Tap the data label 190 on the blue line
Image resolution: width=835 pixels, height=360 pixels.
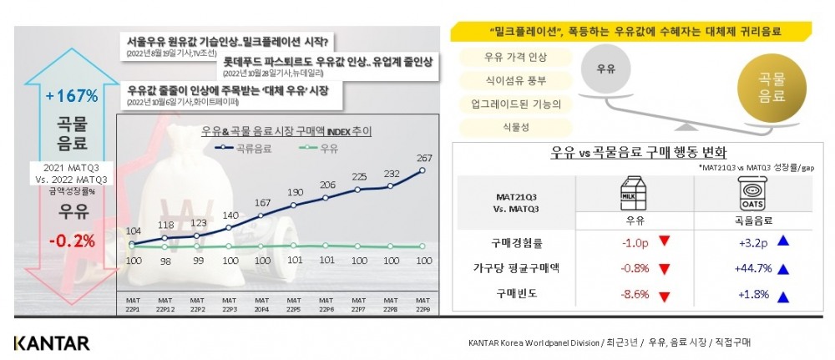click(296, 192)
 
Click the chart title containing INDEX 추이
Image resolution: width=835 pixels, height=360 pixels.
click(286, 131)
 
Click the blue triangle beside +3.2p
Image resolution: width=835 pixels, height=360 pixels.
click(783, 243)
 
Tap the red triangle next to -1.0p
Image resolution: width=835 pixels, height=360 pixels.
click(665, 242)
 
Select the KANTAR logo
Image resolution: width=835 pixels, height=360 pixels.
click(51, 342)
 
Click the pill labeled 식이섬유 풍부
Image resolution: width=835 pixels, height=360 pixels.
click(511, 82)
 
